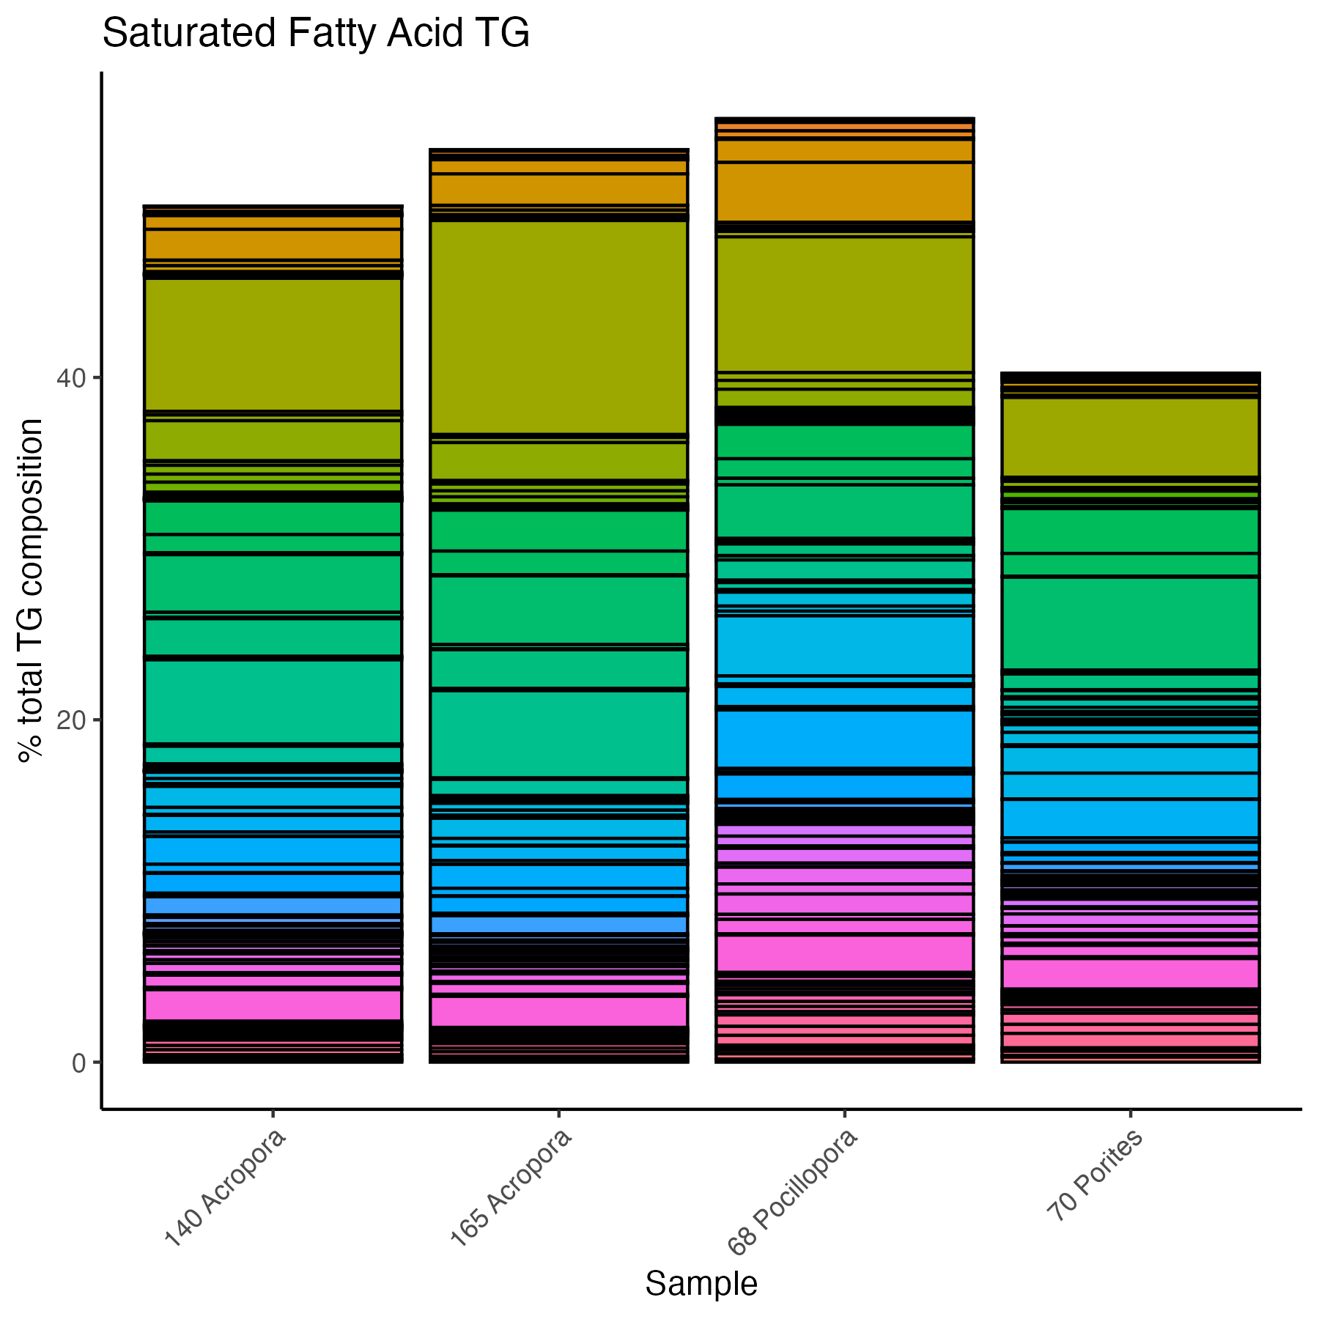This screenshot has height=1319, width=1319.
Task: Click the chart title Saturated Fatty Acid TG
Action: click(x=316, y=34)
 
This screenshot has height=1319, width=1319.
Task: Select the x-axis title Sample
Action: click(x=701, y=1284)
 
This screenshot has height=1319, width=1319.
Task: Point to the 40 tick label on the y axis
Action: click(x=71, y=379)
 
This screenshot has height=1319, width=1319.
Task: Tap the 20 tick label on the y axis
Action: click(x=71, y=720)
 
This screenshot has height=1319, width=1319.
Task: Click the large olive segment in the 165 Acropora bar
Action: click(x=558, y=328)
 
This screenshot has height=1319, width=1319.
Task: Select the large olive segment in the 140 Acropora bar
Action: click(x=273, y=344)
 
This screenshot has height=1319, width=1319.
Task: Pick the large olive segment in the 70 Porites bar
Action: click(x=1130, y=437)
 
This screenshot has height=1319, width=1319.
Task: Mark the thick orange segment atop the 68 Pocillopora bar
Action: click(x=844, y=191)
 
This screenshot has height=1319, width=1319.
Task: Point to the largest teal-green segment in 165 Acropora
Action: click(x=558, y=734)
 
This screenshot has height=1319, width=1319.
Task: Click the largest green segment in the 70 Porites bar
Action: click(x=1130, y=623)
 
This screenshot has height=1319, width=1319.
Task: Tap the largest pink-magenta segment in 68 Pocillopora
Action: click(x=844, y=953)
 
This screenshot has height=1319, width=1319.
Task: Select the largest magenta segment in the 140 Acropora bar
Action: click(x=273, y=1005)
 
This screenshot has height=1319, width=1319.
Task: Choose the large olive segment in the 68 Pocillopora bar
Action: click(x=844, y=304)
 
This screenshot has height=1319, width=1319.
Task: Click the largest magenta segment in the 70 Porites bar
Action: click(x=1130, y=973)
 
